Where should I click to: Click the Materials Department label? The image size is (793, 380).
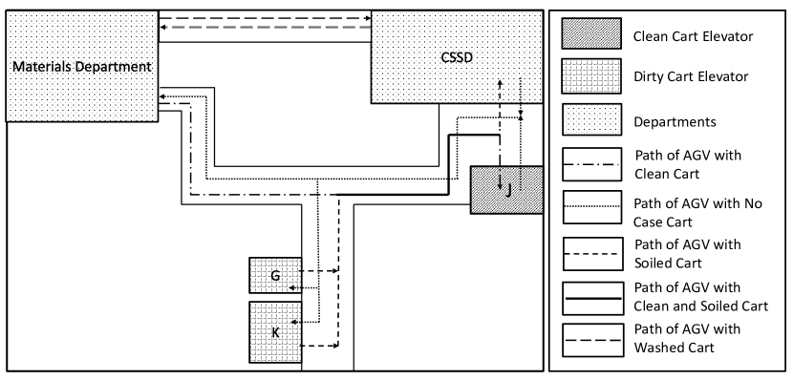(81, 67)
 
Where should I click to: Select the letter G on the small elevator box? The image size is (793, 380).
(275, 276)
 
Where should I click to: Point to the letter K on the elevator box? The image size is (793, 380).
(275, 332)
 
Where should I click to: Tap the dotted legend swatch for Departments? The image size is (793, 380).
(591, 120)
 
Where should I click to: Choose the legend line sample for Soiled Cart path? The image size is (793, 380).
(591, 250)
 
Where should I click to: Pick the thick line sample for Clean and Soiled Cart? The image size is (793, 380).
(591, 293)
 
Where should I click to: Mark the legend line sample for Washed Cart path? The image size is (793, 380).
(591, 336)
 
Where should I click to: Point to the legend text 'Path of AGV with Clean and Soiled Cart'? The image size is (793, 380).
(693, 294)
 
